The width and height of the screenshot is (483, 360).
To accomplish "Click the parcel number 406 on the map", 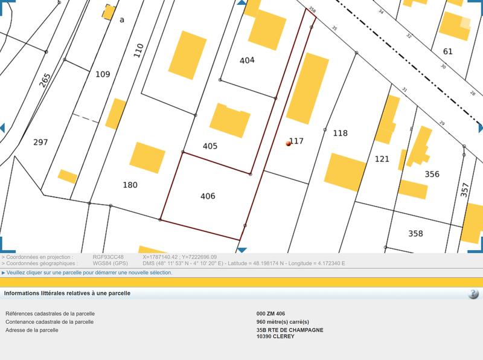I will [x=208, y=196].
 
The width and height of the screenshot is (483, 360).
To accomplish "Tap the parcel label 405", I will [x=210, y=146].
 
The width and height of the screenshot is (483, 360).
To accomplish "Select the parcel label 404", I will [x=247, y=60].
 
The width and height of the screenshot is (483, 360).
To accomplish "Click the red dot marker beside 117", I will [x=289, y=144].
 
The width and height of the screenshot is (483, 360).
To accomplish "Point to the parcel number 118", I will [x=341, y=133].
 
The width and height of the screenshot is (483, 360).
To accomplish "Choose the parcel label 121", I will [x=382, y=159].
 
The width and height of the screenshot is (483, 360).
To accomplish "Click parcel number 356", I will [x=432, y=175].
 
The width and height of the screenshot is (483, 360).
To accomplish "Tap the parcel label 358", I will [x=415, y=234].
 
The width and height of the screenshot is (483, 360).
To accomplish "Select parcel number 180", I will [x=130, y=185].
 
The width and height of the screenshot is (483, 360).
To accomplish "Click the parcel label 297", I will [x=40, y=143].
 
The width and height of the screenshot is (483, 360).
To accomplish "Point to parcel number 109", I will [x=103, y=74].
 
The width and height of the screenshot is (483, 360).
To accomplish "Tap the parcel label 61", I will [x=447, y=51].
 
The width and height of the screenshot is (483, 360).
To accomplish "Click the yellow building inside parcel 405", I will [x=230, y=120].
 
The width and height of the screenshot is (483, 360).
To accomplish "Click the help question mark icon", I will [x=473, y=294].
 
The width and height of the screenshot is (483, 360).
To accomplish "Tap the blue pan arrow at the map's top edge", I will [x=241, y=3].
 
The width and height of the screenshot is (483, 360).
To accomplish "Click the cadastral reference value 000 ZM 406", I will [x=270, y=314].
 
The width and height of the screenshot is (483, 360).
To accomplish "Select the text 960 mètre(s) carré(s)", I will [x=283, y=322].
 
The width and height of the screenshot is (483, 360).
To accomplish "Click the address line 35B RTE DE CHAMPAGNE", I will [x=290, y=330].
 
